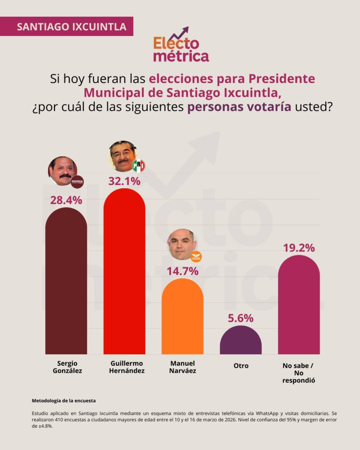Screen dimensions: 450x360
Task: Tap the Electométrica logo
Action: [181, 46]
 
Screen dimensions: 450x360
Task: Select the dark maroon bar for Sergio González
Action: [66, 281]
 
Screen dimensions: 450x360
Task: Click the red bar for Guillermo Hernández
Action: [124, 272]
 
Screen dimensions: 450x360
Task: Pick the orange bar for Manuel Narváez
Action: [182, 316]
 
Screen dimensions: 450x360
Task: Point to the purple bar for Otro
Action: [240, 341]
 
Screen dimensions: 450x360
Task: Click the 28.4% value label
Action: [66, 200]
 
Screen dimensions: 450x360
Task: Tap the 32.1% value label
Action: [124, 181]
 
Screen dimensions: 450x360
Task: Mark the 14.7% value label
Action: [182, 271]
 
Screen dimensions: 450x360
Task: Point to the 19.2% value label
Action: [299, 248]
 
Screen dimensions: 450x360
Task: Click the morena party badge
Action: [77, 181]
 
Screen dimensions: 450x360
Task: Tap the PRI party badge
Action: [138, 166]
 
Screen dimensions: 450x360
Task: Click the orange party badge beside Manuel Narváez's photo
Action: [196, 257]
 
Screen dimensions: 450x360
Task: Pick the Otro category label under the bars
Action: [240, 366]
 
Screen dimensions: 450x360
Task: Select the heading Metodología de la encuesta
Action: [64, 401]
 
